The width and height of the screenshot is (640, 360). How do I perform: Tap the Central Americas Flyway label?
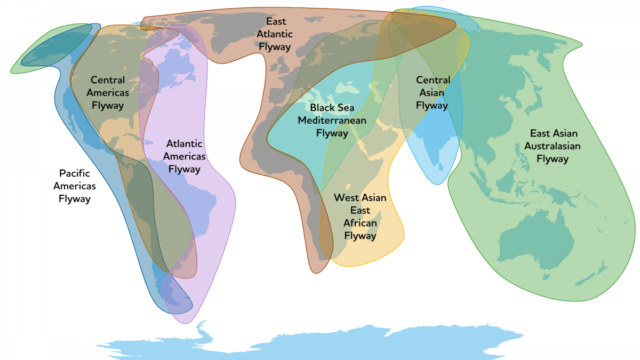[107, 92]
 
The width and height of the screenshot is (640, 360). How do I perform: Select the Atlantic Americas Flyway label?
[184, 156]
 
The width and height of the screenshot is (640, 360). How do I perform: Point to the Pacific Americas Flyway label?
[75, 186]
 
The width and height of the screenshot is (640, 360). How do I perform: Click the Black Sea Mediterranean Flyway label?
[332, 121]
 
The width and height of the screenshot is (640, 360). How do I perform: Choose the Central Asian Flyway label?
[432, 93]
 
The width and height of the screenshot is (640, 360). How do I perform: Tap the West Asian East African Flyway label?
[360, 217]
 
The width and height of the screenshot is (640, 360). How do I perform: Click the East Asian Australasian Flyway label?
[553, 146]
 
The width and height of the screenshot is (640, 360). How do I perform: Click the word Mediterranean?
[332, 121]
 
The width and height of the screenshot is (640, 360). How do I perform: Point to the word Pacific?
[75, 173]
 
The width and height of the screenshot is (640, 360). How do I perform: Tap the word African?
[360, 223]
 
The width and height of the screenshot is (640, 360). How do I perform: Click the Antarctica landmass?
[320, 341]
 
